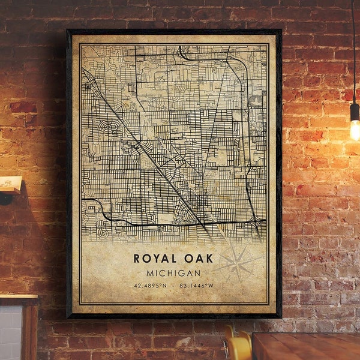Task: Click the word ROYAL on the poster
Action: click(x=153, y=259)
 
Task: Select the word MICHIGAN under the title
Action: click(x=174, y=273)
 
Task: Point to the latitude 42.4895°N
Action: click(x=151, y=286)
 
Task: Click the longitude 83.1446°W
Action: click(x=196, y=286)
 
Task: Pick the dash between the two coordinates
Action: click(x=173, y=286)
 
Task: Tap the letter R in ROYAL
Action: click(x=137, y=259)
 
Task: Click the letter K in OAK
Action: click(x=207, y=259)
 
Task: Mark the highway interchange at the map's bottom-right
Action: click(x=257, y=223)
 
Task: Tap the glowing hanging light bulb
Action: click(x=355, y=128)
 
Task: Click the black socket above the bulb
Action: click(x=355, y=109)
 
